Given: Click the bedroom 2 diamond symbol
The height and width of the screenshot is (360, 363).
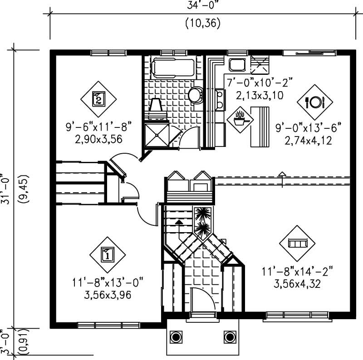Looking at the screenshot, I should point(98,98).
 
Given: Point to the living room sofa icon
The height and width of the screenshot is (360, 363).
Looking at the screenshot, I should point(297,243).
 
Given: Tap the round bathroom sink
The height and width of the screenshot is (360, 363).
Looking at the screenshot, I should point(195,94).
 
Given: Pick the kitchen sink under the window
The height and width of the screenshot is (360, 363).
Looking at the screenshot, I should point(237,65).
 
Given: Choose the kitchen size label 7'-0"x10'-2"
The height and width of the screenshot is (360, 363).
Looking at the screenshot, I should point(260,83).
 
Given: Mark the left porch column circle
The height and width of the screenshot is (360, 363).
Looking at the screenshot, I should point(176,337).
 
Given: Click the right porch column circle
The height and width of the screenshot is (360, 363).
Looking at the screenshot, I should point(230,337).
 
